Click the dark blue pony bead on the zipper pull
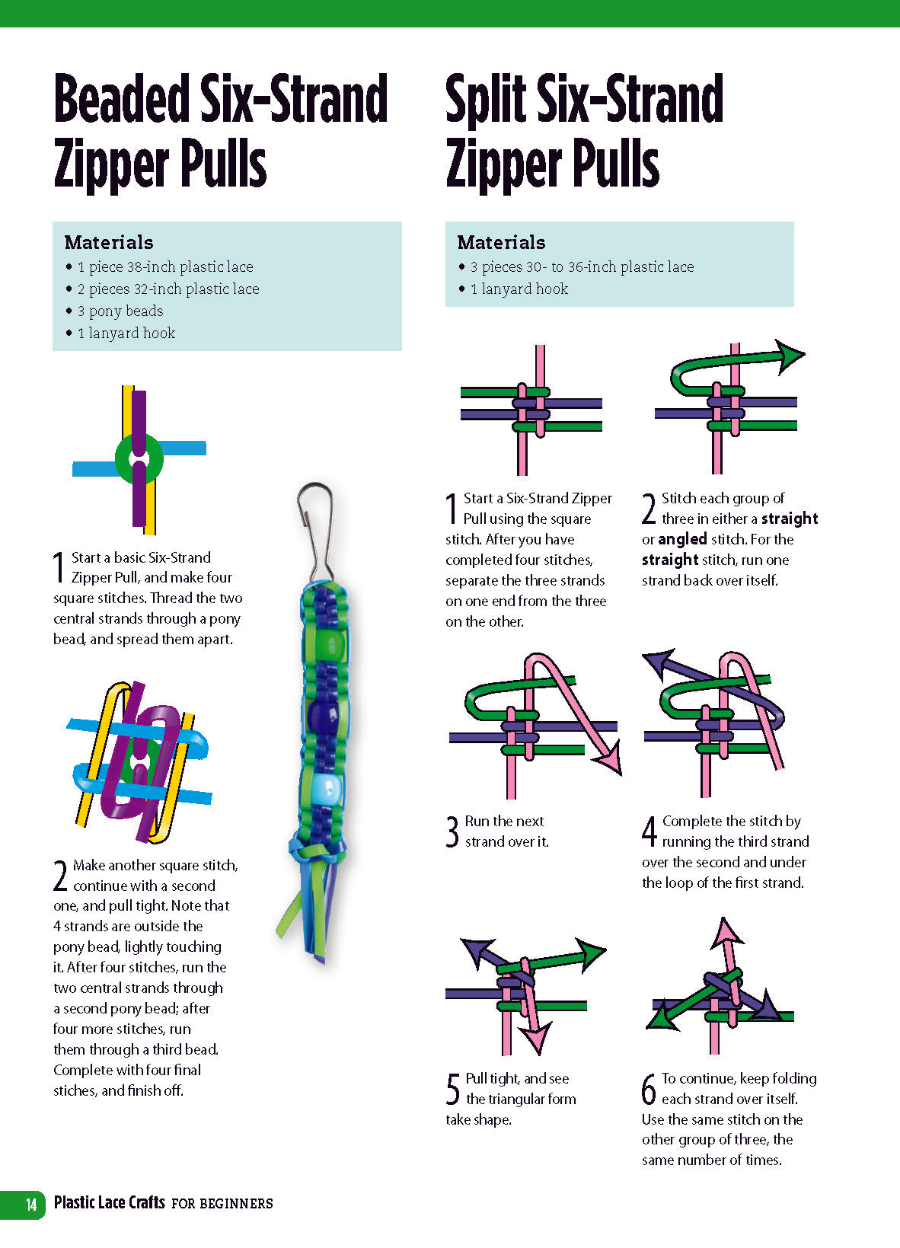click(x=320, y=716)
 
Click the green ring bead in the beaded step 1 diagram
click(x=139, y=458)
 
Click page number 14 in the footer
click(x=31, y=1205)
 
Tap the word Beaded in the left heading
click(x=122, y=99)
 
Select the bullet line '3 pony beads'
click(x=120, y=311)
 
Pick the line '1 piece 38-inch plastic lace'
click(x=164, y=267)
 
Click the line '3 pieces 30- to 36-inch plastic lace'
click(x=582, y=267)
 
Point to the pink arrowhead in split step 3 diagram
click(x=610, y=762)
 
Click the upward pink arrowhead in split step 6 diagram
click(x=727, y=930)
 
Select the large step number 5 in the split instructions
click(x=453, y=1089)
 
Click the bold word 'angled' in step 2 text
click(x=682, y=539)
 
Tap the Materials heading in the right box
click(x=501, y=242)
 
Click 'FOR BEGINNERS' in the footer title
click(x=222, y=1204)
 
